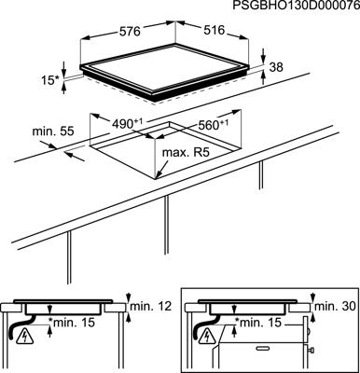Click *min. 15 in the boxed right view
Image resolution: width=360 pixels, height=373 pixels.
pyautogui.click(x=262, y=323)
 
